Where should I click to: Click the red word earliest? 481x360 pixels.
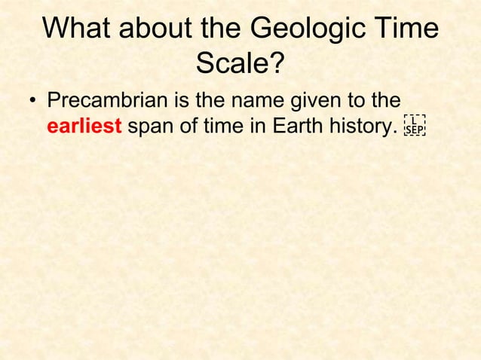pyautogui.click(x=84, y=126)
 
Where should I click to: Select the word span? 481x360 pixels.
pyautogui.click(x=151, y=126)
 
